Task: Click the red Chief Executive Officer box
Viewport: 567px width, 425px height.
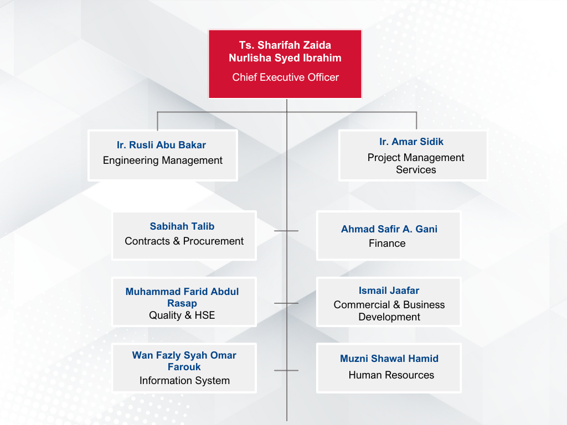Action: pyautogui.click(x=285, y=64)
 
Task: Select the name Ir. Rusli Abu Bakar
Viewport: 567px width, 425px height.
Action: pyautogui.click(x=161, y=145)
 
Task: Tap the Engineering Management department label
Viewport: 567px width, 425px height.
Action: pyautogui.click(x=163, y=160)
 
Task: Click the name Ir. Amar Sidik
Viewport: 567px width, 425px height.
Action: pyautogui.click(x=411, y=142)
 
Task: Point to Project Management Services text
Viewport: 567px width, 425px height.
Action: pyautogui.click(x=416, y=164)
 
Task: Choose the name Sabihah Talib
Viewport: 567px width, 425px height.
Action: pyautogui.click(x=182, y=226)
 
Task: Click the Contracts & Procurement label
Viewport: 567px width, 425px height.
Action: pyautogui.click(x=184, y=241)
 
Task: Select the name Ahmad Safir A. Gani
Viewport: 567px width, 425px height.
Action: pyautogui.click(x=389, y=229)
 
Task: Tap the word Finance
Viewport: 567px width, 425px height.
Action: pyautogui.click(x=387, y=243)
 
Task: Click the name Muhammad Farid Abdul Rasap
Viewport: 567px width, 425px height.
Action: pyautogui.click(x=182, y=297)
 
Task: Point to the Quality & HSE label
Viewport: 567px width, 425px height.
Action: pyautogui.click(x=182, y=315)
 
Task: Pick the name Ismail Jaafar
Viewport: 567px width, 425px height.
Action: pyautogui.click(x=389, y=291)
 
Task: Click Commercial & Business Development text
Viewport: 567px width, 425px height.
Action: pyautogui.click(x=389, y=311)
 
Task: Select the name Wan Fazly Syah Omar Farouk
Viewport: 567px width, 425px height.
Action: pyautogui.click(x=184, y=361)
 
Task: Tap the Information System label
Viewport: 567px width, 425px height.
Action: pyautogui.click(x=184, y=381)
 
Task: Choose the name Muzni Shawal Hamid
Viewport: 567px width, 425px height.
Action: pyautogui.click(x=389, y=359)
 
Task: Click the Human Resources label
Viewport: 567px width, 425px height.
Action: pyautogui.click(x=391, y=375)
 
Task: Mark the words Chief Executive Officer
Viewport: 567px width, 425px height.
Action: pyautogui.click(x=285, y=77)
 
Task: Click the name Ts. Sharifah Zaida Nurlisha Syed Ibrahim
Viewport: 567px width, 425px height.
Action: pyautogui.click(x=285, y=51)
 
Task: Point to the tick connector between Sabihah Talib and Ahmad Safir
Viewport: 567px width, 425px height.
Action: pyautogui.click(x=286, y=231)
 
